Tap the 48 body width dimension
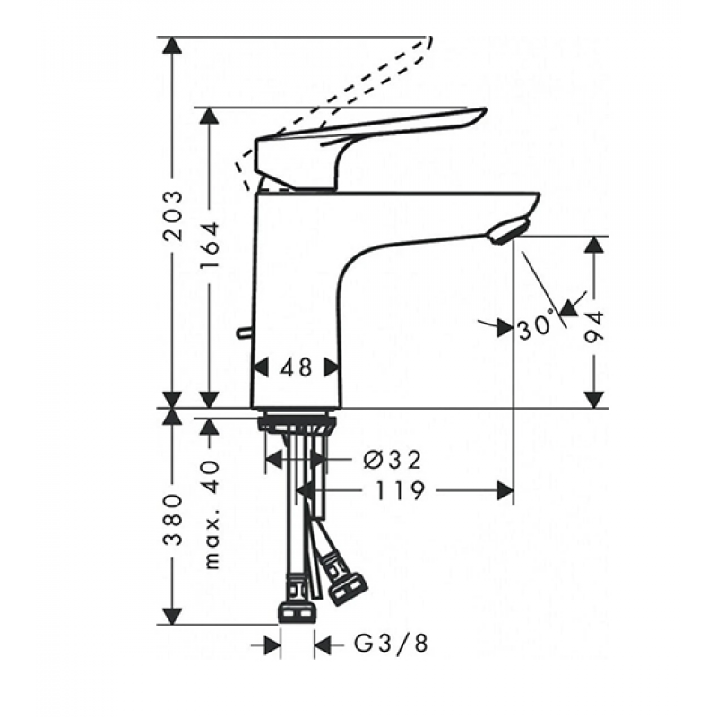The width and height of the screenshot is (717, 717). point(295,367)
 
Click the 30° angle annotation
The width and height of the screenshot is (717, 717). point(535,328)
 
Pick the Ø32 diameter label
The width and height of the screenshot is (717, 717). point(393,460)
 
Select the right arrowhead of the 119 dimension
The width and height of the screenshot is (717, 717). point(507,490)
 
